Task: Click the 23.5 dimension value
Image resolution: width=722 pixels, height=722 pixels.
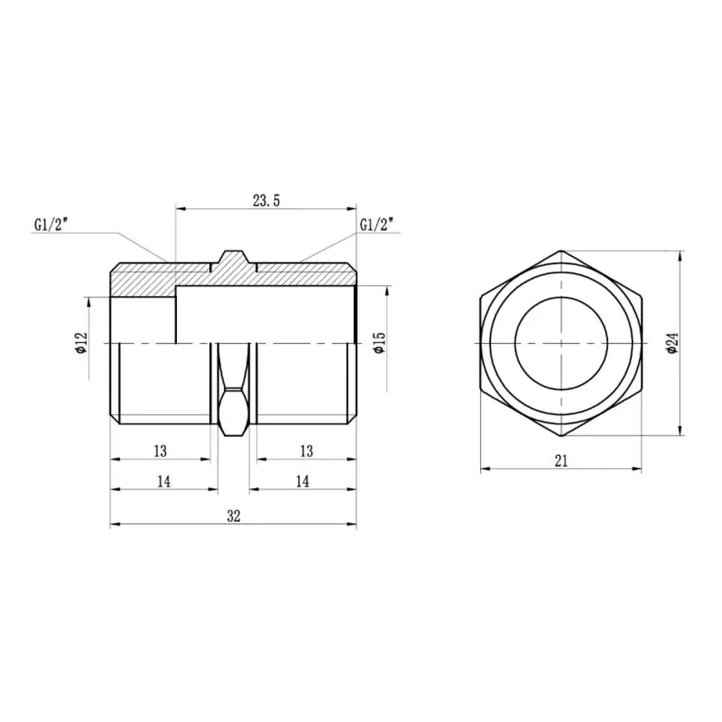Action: click(266, 201)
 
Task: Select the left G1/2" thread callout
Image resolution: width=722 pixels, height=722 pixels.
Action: click(51, 225)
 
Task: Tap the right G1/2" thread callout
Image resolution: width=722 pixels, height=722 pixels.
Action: click(377, 225)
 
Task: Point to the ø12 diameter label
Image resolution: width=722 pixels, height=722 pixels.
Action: click(82, 343)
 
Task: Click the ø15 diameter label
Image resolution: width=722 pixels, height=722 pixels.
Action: click(380, 342)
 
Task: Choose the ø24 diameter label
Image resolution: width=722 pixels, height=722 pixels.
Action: click(673, 343)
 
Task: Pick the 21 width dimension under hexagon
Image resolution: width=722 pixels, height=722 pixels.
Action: click(561, 461)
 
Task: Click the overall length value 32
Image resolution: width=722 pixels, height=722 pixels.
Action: click(233, 516)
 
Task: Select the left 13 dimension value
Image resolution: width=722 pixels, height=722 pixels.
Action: click(160, 451)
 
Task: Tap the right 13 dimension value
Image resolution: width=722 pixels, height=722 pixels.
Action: click(306, 451)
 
